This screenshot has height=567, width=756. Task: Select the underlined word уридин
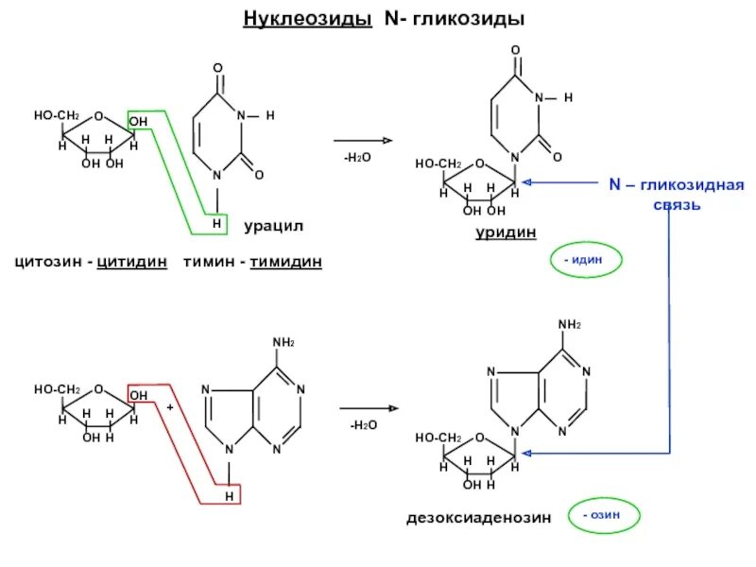point(506,232)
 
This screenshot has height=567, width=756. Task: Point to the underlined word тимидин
point(285,262)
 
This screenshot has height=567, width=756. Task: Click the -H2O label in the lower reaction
point(363,426)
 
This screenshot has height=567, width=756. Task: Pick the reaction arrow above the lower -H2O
point(369,409)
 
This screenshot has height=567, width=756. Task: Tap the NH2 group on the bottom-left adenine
point(283,342)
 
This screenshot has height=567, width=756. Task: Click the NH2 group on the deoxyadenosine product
point(570,325)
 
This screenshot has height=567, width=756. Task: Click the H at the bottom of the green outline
point(216,223)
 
